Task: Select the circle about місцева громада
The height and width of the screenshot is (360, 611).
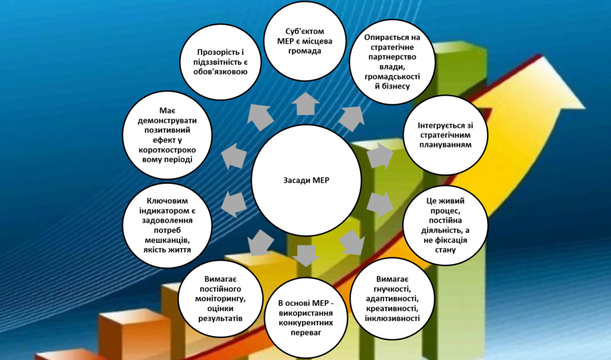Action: [x=306, y=41]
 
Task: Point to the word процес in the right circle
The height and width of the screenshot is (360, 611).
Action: [x=444, y=211]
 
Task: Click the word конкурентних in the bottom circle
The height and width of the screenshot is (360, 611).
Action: [x=306, y=324]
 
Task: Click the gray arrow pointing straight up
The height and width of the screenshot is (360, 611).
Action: [x=306, y=103]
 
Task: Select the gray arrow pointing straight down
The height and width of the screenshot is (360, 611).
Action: [x=305, y=254]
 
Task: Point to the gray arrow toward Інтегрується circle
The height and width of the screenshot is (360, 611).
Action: [x=378, y=156]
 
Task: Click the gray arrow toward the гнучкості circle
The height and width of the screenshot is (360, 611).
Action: [x=353, y=242]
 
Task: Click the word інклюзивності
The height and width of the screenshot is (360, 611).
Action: [x=393, y=318]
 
